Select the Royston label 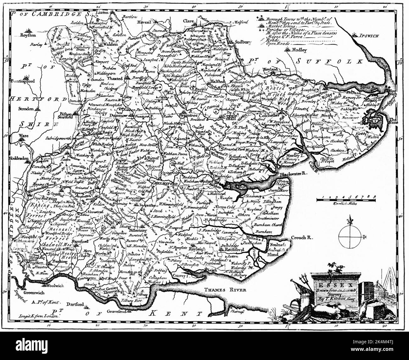click(27, 36)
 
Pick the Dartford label click(75, 305)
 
